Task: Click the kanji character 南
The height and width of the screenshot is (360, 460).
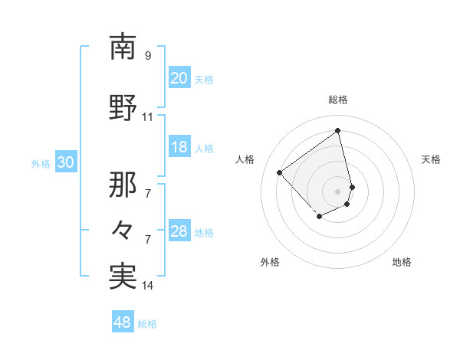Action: (x=123, y=47)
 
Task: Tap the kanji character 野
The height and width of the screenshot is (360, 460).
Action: (x=123, y=108)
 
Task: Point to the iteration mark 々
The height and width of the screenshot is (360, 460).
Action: (x=123, y=228)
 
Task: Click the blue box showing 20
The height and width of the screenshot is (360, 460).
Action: (x=179, y=78)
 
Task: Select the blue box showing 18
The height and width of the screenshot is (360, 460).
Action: (x=179, y=147)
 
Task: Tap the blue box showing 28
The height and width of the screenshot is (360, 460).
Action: (x=179, y=231)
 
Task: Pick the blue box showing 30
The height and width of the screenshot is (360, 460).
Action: (x=65, y=162)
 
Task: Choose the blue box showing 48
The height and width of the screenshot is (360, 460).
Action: (x=122, y=322)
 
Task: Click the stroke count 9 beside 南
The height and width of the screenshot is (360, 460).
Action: (x=148, y=56)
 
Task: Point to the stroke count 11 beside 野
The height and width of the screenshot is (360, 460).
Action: (x=148, y=117)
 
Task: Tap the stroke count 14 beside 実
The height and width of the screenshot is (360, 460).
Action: (x=148, y=286)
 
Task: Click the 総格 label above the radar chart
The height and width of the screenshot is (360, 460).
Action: (x=338, y=100)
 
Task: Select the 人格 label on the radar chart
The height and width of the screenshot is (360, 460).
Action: (x=245, y=159)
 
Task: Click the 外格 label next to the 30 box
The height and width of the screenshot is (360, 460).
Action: (x=41, y=163)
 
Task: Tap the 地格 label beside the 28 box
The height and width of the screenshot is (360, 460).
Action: (x=204, y=232)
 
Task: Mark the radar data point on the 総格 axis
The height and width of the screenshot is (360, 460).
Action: (x=338, y=130)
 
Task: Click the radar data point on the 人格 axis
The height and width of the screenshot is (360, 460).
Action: (x=280, y=173)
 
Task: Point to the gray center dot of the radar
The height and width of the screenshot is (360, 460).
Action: (x=338, y=191)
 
